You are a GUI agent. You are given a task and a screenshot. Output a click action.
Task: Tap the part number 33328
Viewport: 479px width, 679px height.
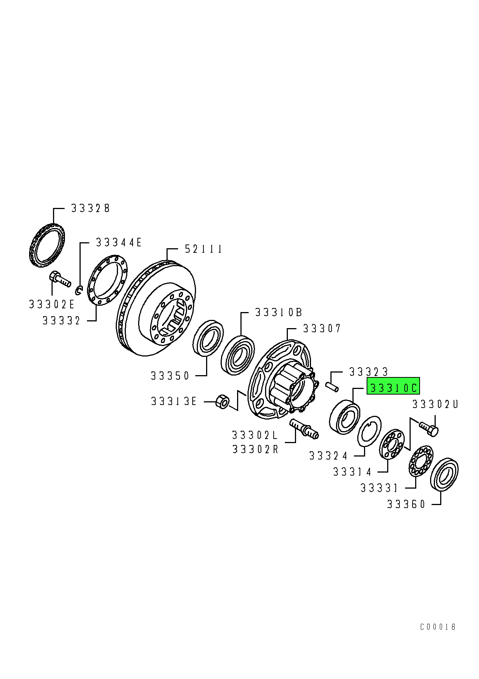(90, 208)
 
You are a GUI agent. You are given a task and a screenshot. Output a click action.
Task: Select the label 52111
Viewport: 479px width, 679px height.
(203, 249)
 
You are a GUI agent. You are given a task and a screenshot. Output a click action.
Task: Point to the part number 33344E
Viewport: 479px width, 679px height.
(119, 243)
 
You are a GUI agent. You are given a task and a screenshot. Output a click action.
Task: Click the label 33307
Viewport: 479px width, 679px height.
(322, 328)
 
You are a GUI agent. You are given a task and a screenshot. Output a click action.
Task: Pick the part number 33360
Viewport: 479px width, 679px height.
(406, 504)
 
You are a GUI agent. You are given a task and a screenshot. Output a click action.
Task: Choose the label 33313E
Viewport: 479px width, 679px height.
(174, 401)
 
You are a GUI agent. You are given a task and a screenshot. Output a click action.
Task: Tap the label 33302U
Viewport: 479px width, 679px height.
(435, 404)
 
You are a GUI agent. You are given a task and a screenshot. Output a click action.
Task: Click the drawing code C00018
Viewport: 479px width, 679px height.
(438, 627)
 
